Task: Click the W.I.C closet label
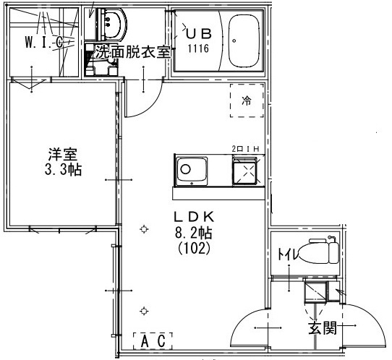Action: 43,42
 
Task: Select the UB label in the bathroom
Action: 199,34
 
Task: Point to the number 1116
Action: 198,48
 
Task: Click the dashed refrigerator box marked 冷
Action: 247,100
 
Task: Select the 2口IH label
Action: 245,149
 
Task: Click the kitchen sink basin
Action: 192,171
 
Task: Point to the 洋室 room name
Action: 63,155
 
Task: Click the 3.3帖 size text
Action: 63,170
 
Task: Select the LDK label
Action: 194,217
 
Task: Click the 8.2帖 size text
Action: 194,233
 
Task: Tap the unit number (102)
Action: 194,249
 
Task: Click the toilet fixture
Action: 319,250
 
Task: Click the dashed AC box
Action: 153,341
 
